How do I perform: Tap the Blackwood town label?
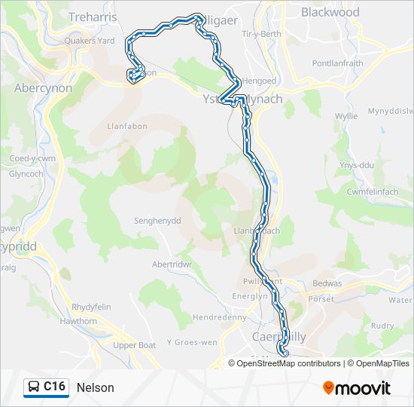[330, 12]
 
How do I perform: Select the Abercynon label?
[43, 87]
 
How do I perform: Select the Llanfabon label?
[126, 126]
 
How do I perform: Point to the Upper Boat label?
[134, 345]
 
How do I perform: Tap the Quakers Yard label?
[89, 41]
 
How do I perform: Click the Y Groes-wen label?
[191, 341]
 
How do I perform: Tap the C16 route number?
[54, 387]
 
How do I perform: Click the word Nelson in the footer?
[95, 387]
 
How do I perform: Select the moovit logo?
[357, 387]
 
